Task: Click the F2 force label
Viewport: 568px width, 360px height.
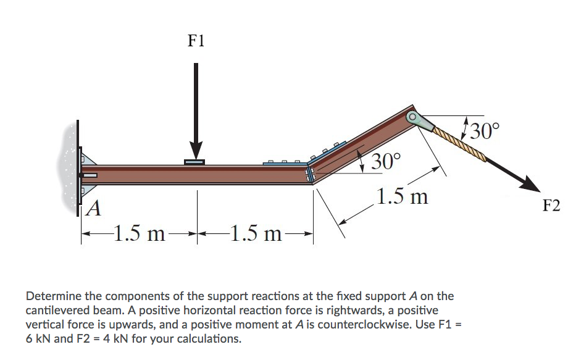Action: [x=551, y=206]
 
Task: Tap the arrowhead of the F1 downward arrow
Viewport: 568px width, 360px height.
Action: [x=196, y=150]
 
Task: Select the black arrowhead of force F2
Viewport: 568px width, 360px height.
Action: [x=524, y=183]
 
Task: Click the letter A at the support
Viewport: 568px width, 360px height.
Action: [x=93, y=210]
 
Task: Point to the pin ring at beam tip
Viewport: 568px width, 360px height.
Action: [x=412, y=117]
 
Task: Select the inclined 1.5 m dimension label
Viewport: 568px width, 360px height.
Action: [x=402, y=198]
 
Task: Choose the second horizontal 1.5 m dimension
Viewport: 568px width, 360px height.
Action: [x=254, y=235]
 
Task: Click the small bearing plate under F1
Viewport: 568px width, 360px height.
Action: [x=196, y=162]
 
